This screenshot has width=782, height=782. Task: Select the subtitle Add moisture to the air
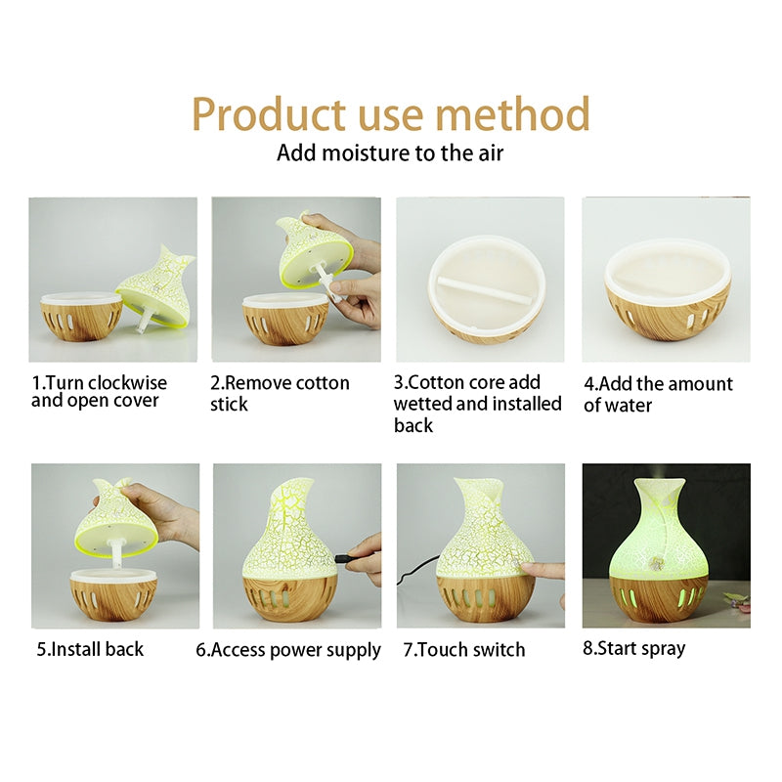[390, 152]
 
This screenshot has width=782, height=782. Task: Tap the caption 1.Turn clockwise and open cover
[99, 392]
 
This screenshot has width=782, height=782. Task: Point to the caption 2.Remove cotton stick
[280, 393]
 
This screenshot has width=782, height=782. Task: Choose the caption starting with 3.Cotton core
[478, 403]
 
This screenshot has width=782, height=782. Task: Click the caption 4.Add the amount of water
[658, 393]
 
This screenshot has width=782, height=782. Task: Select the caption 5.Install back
[90, 649]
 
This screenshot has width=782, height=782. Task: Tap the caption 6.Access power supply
[288, 650]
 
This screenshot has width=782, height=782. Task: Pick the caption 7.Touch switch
[463, 650]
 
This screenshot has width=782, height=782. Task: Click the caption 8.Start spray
[633, 648]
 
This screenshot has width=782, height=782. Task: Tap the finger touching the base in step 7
[540, 570]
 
